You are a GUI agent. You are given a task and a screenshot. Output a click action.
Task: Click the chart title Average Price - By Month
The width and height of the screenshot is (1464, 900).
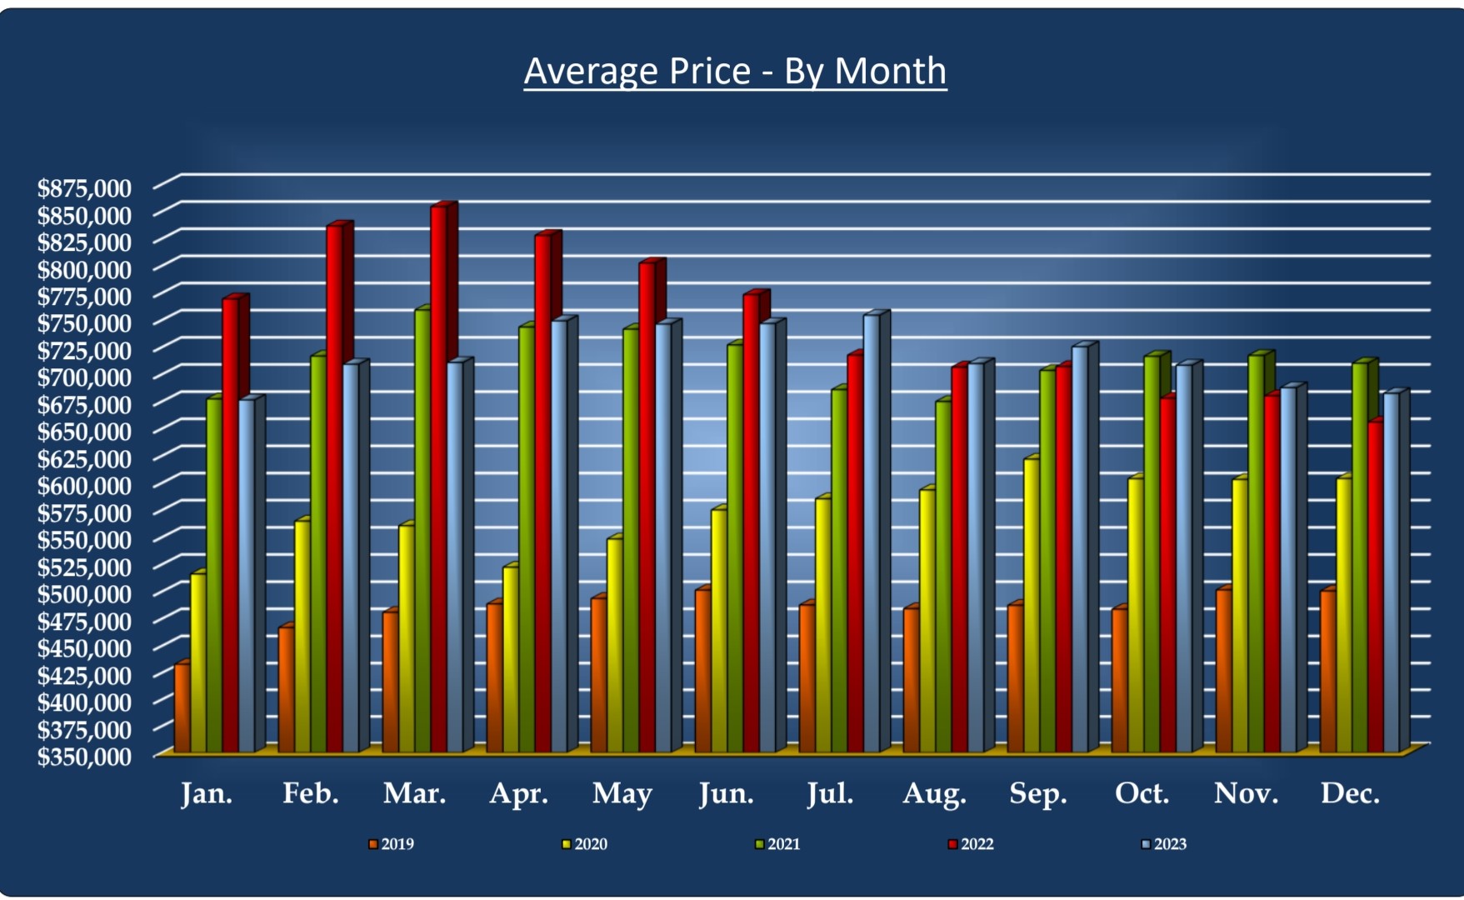pyautogui.click(x=735, y=72)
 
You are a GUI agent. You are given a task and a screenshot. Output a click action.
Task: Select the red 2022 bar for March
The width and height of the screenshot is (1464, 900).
pyautogui.click(x=438, y=475)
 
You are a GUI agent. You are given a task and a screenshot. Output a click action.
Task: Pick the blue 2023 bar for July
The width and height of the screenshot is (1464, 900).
pyautogui.click(x=871, y=533)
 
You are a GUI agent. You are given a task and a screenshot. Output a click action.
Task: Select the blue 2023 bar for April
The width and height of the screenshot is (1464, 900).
pyautogui.click(x=558, y=533)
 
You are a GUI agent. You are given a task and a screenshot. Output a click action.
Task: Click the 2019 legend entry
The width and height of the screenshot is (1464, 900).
pyautogui.click(x=392, y=844)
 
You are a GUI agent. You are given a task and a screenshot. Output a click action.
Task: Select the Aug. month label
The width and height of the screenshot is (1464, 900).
pyautogui.click(x=934, y=793)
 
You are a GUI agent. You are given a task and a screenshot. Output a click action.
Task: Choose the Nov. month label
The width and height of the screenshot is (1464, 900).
pyautogui.click(x=1246, y=793)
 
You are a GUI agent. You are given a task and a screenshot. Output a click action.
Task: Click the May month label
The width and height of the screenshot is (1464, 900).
pyautogui.click(x=622, y=793)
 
